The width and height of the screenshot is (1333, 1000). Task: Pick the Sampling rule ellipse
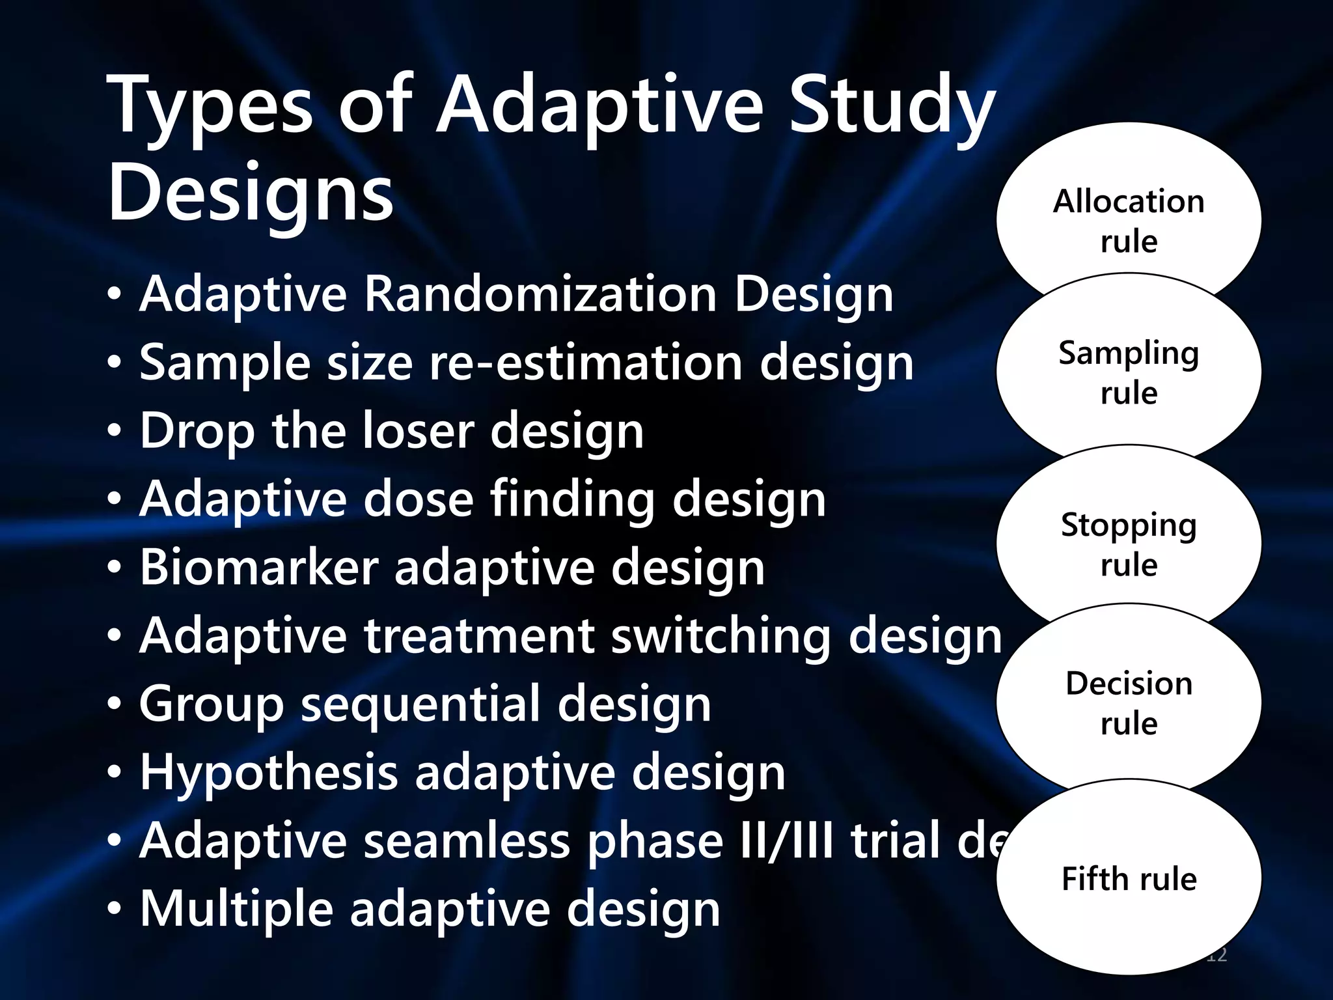pyautogui.click(x=1129, y=372)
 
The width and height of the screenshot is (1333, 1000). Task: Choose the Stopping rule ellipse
pyautogui.click(x=1129, y=544)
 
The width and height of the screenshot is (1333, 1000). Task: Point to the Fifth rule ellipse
pyautogui.click(x=1129, y=878)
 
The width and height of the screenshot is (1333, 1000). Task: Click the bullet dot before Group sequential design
pyautogui.click(x=115, y=706)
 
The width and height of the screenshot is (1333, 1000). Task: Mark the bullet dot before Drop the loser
pyautogui.click(x=115, y=432)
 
